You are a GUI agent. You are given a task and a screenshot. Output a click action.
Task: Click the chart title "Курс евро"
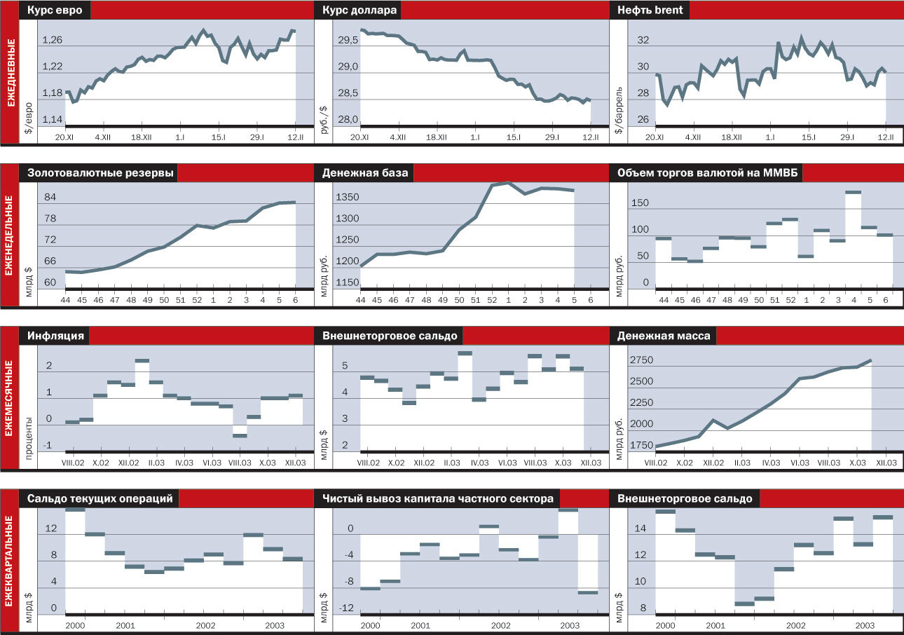tap(55, 10)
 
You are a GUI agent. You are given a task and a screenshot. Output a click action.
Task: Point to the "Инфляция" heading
tap(56, 336)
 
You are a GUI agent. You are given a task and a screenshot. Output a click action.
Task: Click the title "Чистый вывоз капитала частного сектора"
tap(437, 498)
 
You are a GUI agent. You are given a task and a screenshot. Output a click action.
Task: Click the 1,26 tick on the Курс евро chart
tap(52, 40)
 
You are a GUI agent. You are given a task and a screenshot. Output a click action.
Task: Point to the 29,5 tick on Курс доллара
tap(348, 40)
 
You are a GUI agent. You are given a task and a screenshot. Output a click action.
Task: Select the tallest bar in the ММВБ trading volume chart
tap(853, 191)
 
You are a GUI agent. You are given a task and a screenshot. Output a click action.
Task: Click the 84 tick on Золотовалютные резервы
tap(50, 198)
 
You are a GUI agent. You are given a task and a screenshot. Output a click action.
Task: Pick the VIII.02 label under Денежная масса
tap(656, 463)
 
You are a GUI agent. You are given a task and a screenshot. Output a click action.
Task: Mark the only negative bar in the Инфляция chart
tap(240, 435)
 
